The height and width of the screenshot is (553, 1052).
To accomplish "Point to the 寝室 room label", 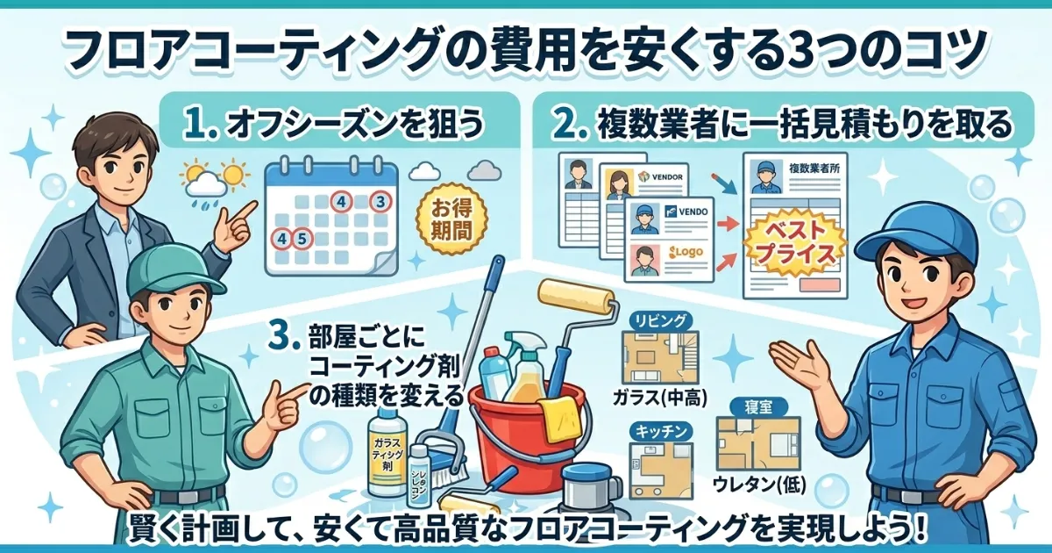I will click(x=757, y=406).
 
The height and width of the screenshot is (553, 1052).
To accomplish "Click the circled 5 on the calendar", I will click(x=301, y=237).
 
